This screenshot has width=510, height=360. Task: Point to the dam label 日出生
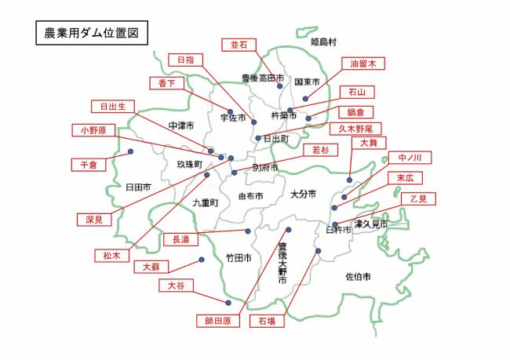tap(113, 106)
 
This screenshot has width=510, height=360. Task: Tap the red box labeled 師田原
tap(217, 321)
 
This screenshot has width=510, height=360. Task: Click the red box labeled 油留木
tap(362, 64)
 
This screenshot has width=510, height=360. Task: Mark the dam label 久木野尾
tap(360, 128)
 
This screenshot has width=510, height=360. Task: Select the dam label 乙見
tap(419, 198)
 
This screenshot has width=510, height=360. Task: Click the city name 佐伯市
tap(358, 277)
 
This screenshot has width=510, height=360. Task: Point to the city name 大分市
tap(302, 194)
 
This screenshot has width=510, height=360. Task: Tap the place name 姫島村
tap(322, 41)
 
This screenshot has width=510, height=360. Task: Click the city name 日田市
tap(137, 188)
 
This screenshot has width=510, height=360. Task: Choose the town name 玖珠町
tap(188, 165)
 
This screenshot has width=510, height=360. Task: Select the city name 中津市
tap(180, 125)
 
